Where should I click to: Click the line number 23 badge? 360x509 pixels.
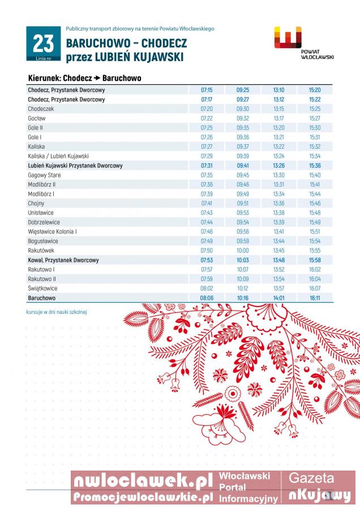43,44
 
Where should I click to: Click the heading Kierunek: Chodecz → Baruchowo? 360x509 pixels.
84,78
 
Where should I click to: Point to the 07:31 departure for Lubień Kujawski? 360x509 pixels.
207,166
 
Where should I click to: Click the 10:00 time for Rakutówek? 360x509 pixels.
243,251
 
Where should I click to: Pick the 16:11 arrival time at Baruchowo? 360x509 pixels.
315,297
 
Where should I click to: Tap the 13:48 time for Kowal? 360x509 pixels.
278,260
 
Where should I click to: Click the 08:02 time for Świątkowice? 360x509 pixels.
207,288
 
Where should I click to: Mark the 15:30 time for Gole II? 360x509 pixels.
315,128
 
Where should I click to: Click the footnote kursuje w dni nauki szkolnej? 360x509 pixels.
56,312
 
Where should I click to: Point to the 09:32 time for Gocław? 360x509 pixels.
243,118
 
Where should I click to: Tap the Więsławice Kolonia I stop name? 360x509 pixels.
52,232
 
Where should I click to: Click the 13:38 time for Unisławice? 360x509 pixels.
278,213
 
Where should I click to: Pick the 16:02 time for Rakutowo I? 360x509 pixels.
315,269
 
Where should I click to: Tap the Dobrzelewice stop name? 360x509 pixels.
44,222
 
